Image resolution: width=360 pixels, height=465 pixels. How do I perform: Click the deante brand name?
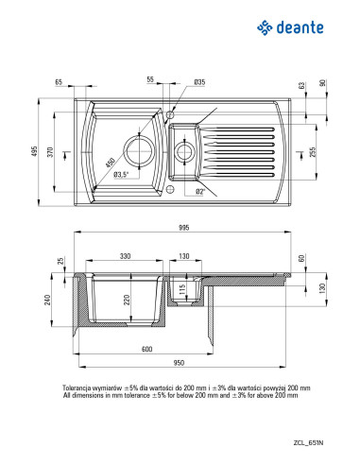click(300, 27)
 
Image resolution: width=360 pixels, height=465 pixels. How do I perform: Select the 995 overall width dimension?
click(183, 228)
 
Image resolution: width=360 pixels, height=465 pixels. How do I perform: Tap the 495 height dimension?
click(34, 151)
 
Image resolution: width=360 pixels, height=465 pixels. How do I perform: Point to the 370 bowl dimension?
click(50, 152)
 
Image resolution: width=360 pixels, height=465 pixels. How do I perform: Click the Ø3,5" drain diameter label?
click(121, 174)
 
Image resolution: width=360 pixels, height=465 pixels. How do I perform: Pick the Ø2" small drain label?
click(200, 191)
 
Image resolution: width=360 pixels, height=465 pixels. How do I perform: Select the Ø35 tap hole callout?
click(199, 82)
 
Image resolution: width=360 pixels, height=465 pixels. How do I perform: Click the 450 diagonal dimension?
click(111, 163)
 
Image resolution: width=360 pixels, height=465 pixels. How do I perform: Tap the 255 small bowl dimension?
click(312, 152)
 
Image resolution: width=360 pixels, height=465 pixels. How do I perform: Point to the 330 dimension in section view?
click(125, 256)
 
